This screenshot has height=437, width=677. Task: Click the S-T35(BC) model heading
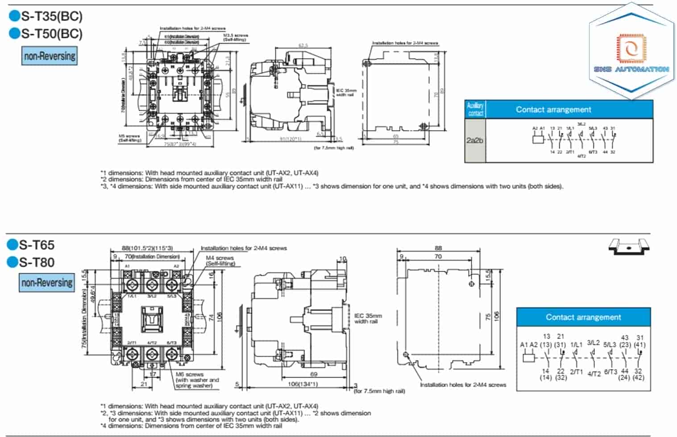coord(51,17)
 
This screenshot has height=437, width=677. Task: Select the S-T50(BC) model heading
coord(51,34)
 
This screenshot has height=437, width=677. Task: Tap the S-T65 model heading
coord(37,245)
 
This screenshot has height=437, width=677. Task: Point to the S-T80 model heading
coord(37,262)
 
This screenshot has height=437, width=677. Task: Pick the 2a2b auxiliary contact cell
coord(475,140)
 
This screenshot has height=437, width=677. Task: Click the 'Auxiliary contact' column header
coord(475,109)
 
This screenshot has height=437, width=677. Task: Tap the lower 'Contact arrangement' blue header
coord(583,317)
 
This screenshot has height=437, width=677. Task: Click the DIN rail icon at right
coord(629,246)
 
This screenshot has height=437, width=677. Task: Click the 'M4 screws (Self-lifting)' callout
coord(220,261)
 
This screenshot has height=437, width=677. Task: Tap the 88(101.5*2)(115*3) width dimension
coord(147,248)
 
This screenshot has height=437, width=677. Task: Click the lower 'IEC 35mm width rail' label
coord(368,319)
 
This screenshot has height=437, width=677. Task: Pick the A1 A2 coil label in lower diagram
coord(529,345)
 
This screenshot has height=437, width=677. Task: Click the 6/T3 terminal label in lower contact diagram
coord(611,372)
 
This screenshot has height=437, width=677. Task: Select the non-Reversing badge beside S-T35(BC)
coord(50,56)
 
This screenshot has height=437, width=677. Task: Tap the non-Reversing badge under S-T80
coord(47,283)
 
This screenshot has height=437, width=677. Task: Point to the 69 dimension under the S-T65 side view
coord(314,374)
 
